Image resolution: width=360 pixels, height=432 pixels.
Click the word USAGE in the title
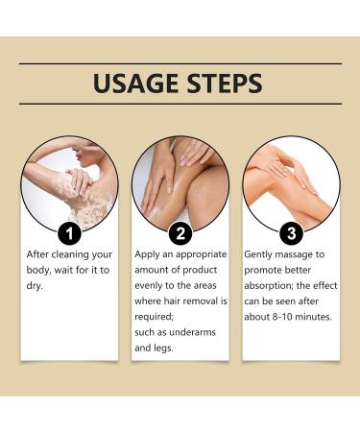click(x=136, y=84)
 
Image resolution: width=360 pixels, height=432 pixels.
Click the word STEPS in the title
click(x=225, y=84)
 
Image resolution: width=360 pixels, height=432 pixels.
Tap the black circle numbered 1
click(x=69, y=233)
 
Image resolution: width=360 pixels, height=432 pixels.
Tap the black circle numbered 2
click(x=180, y=233)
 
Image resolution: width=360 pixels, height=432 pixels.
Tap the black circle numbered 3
click(x=291, y=233)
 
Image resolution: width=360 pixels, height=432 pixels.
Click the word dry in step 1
click(x=34, y=285)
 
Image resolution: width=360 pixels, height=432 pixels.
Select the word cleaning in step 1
click(x=70, y=255)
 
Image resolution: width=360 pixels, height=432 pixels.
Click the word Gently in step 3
click(x=258, y=255)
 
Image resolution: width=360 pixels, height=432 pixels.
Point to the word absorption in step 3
click(x=268, y=286)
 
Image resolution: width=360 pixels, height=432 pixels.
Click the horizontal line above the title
click(x=180, y=63)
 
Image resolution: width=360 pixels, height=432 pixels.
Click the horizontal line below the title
click(x=180, y=104)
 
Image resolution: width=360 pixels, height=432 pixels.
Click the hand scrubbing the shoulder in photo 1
click(x=78, y=181)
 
